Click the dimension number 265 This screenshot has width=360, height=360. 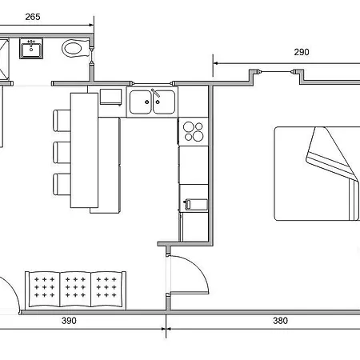click(33, 17)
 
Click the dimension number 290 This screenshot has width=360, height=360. click(302, 52)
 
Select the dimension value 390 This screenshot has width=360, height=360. click(69, 321)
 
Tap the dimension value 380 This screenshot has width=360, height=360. click(281, 321)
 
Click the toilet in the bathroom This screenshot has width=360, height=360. click(76, 48)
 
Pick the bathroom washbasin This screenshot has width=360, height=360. click(31, 48)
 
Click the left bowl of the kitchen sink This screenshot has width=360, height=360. click(141, 102)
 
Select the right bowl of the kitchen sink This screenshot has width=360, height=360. click(164, 102)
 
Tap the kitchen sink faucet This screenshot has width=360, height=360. click(156, 93)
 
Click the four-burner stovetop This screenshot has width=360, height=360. click(194, 131)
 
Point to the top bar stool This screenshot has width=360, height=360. click(62, 121)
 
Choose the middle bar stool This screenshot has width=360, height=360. click(62, 152)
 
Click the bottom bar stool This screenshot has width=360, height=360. click(62, 184)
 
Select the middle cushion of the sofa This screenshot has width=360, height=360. click(75, 290)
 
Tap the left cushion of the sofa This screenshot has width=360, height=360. click(45, 290)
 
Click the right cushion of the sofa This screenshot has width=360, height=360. click(106, 290)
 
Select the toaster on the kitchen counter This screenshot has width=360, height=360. click(196, 205)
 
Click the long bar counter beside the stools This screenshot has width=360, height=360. click(84, 150)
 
